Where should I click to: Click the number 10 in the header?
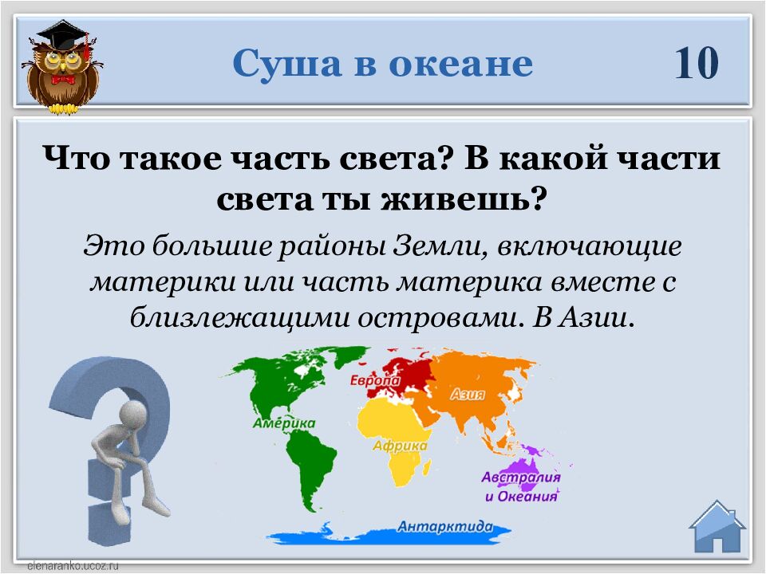(697, 63)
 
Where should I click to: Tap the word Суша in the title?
(286, 63)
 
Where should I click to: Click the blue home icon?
(717, 526)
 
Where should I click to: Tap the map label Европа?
(375, 381)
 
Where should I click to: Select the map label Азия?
(468, 395)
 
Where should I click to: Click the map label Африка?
(400, 446)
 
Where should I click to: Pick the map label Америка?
(284, 423)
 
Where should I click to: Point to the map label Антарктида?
(445, 526)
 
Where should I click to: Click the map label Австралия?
(521, 477)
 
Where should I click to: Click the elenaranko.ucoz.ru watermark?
(73, 566)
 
